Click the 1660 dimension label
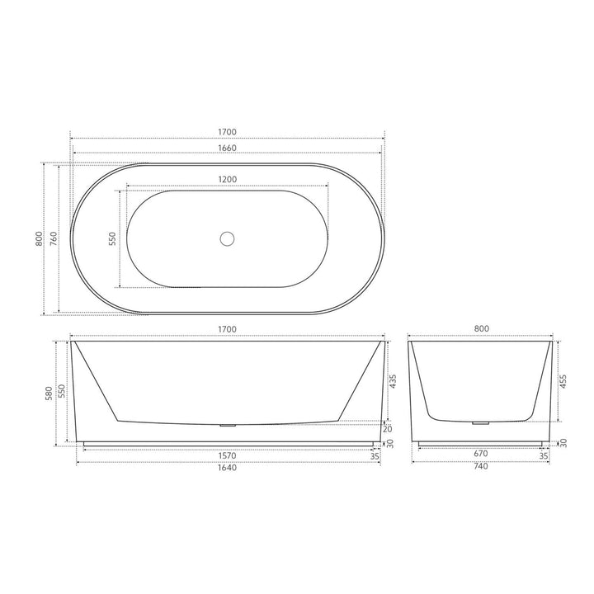pyautogui.click(x=228, y=148)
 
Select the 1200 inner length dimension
pyautogui.click(x=228, y=180)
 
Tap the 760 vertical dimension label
pyautogui.click(x=53, y=239)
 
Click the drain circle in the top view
pyautogui.click(x=227, y=239)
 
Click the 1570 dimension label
pyautogui.click(x=228, y=454)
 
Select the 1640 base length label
pyautogui.click(x=228, y=467)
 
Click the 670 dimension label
pyautogui.click(x=481, y=454)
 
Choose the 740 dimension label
pyautogui.click(x=481, y=467)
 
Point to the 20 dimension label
pyautogui.click(x=389, y=428)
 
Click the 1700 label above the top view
pyautogui.click(x=228, y=132)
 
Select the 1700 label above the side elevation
pyautogui.click(x=228, y=329)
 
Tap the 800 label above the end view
pyautogui.click(x=482, y=329)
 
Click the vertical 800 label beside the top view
pyautogui.click(x=38, y=239)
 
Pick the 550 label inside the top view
pyautogui.click(x=113, y=239)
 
